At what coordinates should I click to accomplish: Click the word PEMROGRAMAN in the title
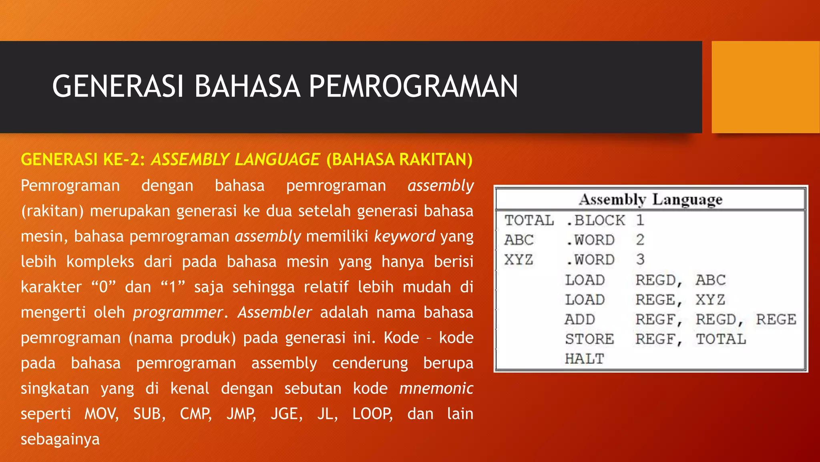point(413,87)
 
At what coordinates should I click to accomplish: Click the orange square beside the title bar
point(766,87)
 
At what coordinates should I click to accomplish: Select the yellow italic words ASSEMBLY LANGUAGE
point(235,160)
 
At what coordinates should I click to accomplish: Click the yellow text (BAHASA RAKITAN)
point(399,160)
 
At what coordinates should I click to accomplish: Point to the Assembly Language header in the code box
point(651,199)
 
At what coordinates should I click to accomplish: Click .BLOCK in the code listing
point(595,220)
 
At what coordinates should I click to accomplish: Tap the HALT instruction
point(584,359)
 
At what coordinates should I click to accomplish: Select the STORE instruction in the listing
point(589,339)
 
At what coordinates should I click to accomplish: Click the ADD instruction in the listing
point(580,319)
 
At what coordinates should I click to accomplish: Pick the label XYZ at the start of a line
point(519,259)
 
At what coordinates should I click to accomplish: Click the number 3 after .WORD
point(640,259)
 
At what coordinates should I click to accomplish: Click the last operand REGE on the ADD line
point(776,319)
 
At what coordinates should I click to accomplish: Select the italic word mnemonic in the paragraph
point(436,388)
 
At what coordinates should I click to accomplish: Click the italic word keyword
point(404,236)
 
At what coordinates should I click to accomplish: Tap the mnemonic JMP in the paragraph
point(241,414)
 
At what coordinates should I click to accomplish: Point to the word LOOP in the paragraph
point(372,414)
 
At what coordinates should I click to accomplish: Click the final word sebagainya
point(60,439)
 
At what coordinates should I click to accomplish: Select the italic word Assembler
point(275,312)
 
